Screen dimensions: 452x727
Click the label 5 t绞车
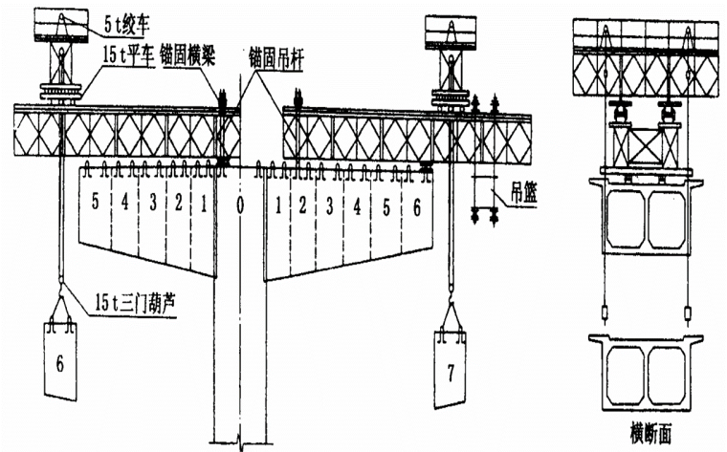click(x=126, y=15)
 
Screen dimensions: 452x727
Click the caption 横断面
click(x=652, y=432)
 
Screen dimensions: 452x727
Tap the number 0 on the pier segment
click(x=241, y=204)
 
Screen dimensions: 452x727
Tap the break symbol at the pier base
click(x=240, y=441)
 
